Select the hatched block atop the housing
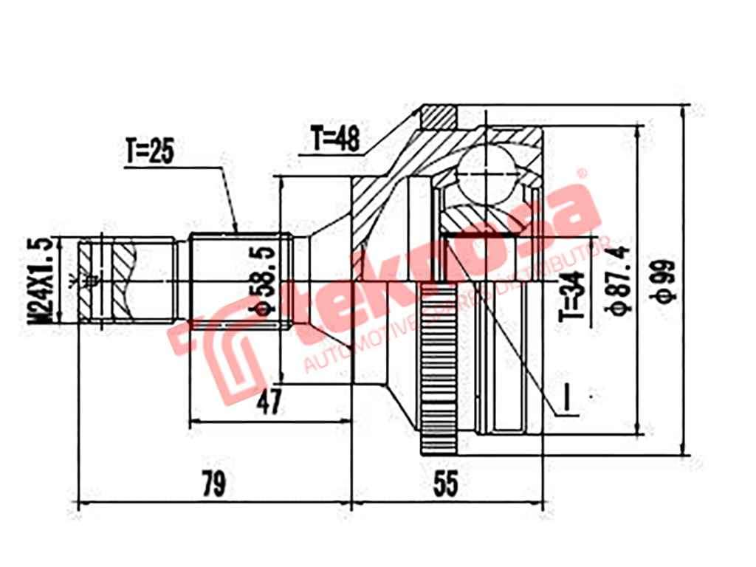(x=440, y=116)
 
